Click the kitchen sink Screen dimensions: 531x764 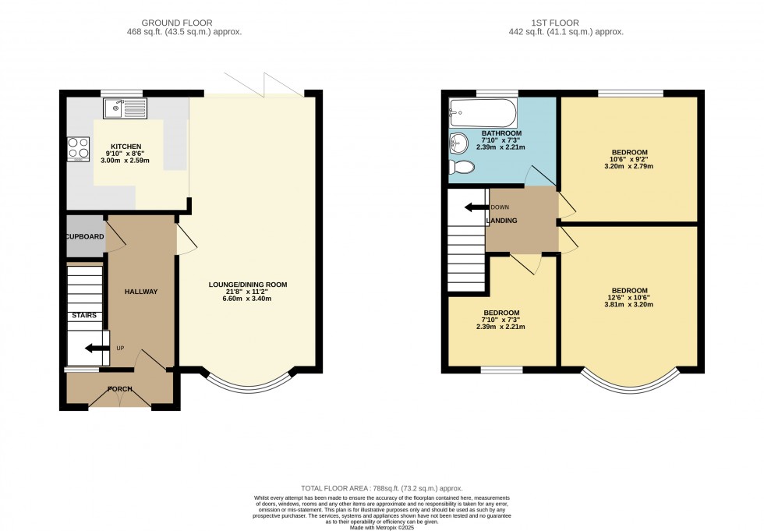tap(124, 108)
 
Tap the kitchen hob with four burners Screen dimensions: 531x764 tap(78, 148)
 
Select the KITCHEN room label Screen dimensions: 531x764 tap(126, 147)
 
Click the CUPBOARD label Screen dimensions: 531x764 tap(85, 236)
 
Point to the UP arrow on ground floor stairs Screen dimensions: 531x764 tap(97, 349)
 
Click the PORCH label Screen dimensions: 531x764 tap(120, 389)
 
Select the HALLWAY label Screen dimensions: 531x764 tap(141, 292)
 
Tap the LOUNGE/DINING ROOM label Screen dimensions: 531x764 tap(248, 285)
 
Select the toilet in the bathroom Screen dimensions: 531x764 tap(462, 167)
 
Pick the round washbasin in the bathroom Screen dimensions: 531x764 tap(458, 143)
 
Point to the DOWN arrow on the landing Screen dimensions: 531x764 tap(476, 207)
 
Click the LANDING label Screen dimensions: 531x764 tap(502, 221)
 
